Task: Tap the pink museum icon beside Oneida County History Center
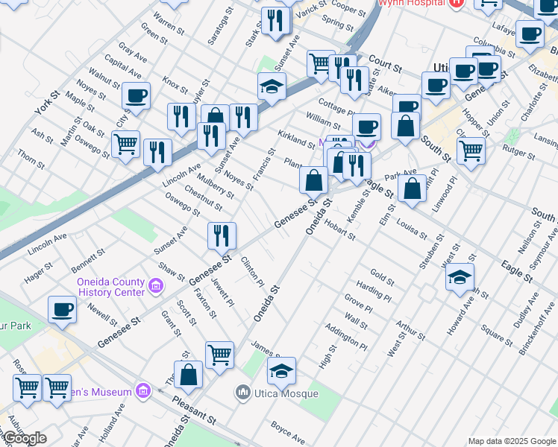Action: [155, 285]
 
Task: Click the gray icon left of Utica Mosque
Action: [242, 392]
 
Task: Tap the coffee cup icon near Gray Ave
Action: [137, 95]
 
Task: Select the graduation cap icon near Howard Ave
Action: [460, 278]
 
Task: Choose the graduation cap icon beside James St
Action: [281, 370]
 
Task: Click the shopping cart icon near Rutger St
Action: [471, 150]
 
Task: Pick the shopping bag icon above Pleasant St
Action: [189, 375]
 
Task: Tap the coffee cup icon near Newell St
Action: [62, 309]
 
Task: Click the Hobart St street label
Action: [339, 231]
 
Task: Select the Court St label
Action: [385, 64]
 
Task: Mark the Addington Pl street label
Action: [346, 337]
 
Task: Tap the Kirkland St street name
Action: [296, 139]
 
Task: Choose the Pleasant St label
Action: [194, 410]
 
